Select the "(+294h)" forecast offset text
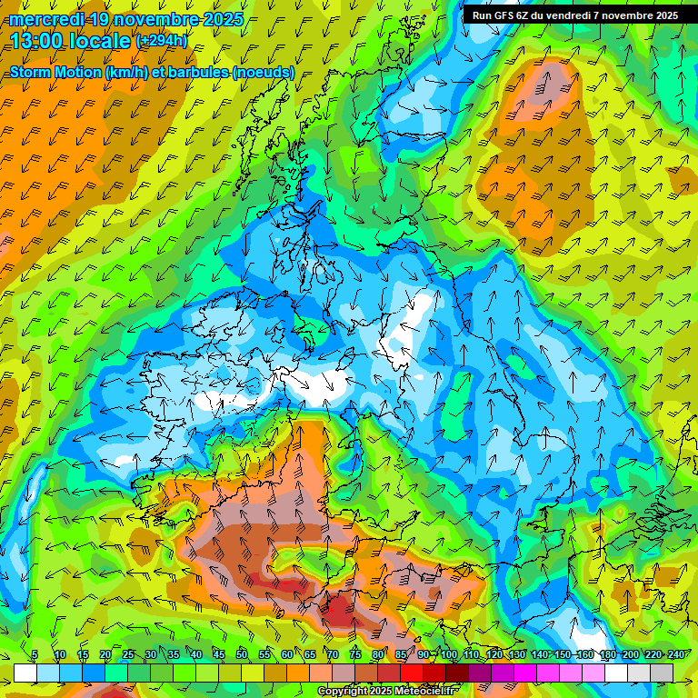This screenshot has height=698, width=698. point(161,40)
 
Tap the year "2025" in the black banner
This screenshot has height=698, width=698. point(663,15)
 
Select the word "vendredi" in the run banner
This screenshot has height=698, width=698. point(575,15)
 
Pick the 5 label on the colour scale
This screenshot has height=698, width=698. point(35,655)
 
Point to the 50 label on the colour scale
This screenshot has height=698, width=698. point(242,655)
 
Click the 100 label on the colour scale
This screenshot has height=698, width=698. point(449,655)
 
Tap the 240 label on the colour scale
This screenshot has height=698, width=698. point(675,655)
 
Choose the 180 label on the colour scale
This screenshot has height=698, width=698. point(607,655)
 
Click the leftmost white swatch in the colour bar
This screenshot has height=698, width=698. point(25,673)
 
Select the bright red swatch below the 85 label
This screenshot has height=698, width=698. point(412,673)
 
